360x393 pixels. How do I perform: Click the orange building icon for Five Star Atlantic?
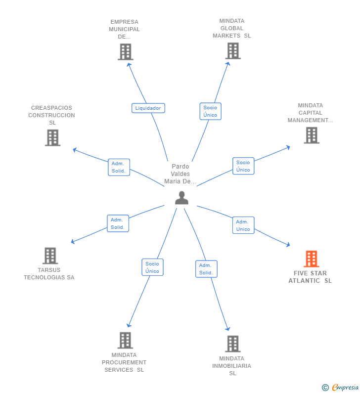(311, 259)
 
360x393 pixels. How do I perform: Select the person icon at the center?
(181, 198)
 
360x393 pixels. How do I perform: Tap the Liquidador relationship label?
(148, 108)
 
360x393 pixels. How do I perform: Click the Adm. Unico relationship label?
(243, 225)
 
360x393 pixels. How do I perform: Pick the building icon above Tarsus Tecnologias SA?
(50, 256)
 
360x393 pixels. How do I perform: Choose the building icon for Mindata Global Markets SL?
(232, 50)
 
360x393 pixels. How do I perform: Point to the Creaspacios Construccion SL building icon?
(52, 137)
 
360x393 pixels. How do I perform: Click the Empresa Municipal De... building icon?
(125, 51)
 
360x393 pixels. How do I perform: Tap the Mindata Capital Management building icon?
(311, 135)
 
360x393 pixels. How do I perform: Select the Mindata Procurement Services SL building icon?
(125, 340)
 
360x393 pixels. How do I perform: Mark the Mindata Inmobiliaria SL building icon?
(232, 344)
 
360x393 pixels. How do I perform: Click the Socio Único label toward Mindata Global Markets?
(210, 111)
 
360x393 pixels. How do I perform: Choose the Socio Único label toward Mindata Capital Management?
(243, 166)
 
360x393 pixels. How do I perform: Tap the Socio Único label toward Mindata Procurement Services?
(152, 267)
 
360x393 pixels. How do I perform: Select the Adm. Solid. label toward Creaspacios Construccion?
(119, 167)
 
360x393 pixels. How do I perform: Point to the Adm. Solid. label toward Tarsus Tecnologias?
(118, 223)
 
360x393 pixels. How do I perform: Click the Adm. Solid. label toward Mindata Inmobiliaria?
(206, 269)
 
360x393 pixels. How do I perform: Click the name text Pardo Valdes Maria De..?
(180, 174)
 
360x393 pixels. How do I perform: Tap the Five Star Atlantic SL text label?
(310, 277)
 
